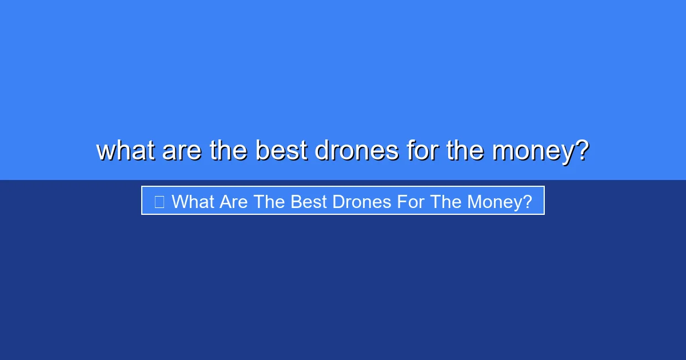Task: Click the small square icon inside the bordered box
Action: point(159,202)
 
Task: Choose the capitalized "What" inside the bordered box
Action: point(191,202)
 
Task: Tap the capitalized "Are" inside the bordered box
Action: point(230,202)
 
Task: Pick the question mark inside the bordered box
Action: point(527,202)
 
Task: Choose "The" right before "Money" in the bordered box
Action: point(444,202)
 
